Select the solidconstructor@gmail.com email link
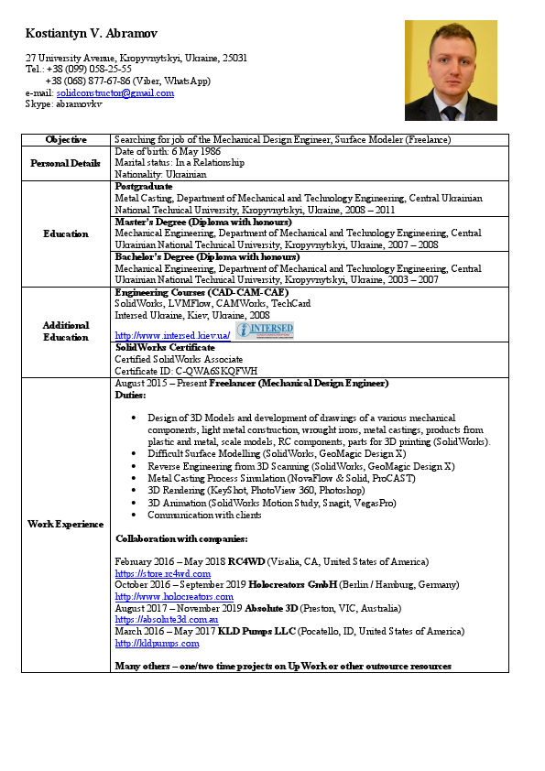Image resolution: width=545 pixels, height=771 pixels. [x=114, y=92]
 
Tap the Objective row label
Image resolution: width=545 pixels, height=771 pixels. [x=66, y=139]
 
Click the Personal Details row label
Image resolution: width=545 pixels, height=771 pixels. [x=66, y=162]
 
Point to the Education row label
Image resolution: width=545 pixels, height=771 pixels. [x=66, y=233]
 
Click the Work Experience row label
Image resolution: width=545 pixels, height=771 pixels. [x=66, y=524]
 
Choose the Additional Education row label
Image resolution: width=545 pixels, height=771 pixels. [x=66, y=331]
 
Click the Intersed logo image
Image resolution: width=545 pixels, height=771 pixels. [x=265, y=330]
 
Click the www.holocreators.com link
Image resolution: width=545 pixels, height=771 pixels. [x=174, y=596]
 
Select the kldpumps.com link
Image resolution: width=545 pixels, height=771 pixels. [x=157, y=643]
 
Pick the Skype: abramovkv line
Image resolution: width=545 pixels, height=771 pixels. [x=57, y=103]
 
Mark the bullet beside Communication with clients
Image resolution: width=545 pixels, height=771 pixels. [x=135, y=515]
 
